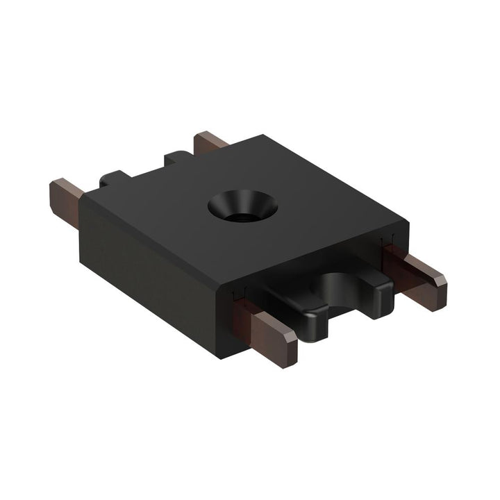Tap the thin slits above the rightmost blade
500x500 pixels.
[386, 243]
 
